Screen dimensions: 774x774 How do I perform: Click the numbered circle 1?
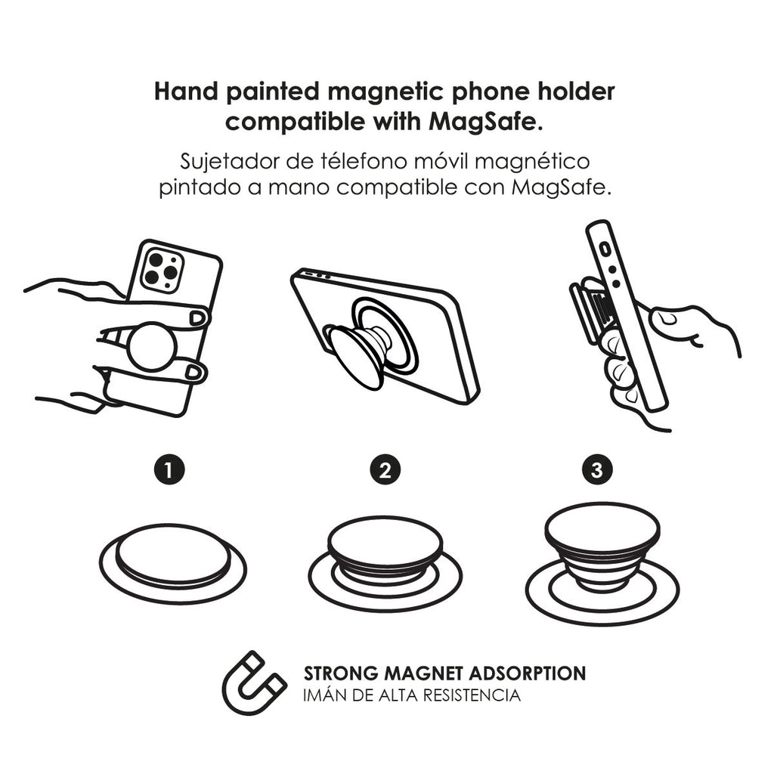169,470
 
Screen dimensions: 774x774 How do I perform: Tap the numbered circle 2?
385,470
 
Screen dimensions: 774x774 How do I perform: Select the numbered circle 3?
597,470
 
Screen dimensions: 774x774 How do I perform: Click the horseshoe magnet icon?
253,682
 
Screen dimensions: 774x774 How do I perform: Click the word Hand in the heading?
179,91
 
